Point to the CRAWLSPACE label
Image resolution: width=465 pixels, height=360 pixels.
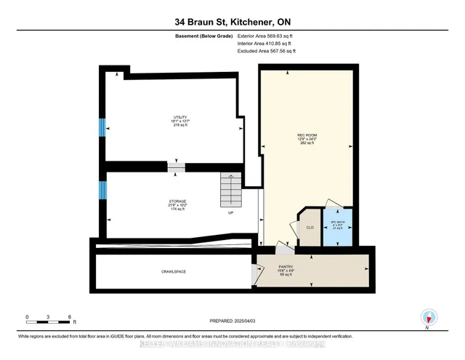point(174,271)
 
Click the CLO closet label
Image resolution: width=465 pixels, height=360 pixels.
point(310,228)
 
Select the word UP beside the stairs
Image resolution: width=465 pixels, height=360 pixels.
point(230,213)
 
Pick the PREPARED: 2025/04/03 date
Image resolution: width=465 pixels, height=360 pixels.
point(232,320)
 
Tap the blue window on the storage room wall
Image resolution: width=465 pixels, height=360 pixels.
point(102,191)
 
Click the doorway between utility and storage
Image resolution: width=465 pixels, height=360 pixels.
point(176,167)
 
